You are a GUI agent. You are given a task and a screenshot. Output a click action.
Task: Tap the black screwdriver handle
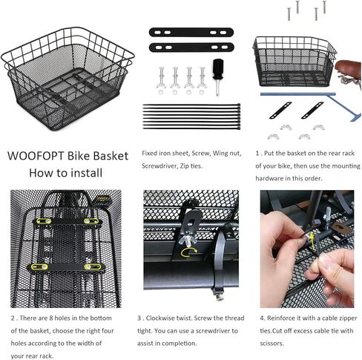click(x=218, y=69)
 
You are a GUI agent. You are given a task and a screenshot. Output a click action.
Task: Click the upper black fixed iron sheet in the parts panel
click(x=191, y=33)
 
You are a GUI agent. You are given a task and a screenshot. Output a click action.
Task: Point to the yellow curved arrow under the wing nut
click(x=189, y=252)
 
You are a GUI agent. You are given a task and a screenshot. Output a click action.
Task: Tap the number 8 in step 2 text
click(x=51, y=318)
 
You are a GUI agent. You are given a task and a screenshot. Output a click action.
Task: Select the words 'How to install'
click(x=66, y=173)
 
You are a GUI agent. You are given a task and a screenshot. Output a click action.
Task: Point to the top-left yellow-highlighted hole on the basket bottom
click(x=44, y=221)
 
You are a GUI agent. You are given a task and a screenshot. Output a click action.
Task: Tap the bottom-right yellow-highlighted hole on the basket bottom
click(x=93, y=266)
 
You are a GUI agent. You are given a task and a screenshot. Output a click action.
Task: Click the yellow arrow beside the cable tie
click(x=312, y=241)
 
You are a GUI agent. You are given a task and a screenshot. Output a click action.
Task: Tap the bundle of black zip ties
click(x=191, y=117)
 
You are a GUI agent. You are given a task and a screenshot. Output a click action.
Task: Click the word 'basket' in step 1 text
click(x=286, y=154)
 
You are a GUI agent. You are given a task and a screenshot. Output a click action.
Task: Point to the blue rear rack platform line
click(x=298, y=94)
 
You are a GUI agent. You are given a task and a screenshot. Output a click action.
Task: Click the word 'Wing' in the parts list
click(x=220, y=154)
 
